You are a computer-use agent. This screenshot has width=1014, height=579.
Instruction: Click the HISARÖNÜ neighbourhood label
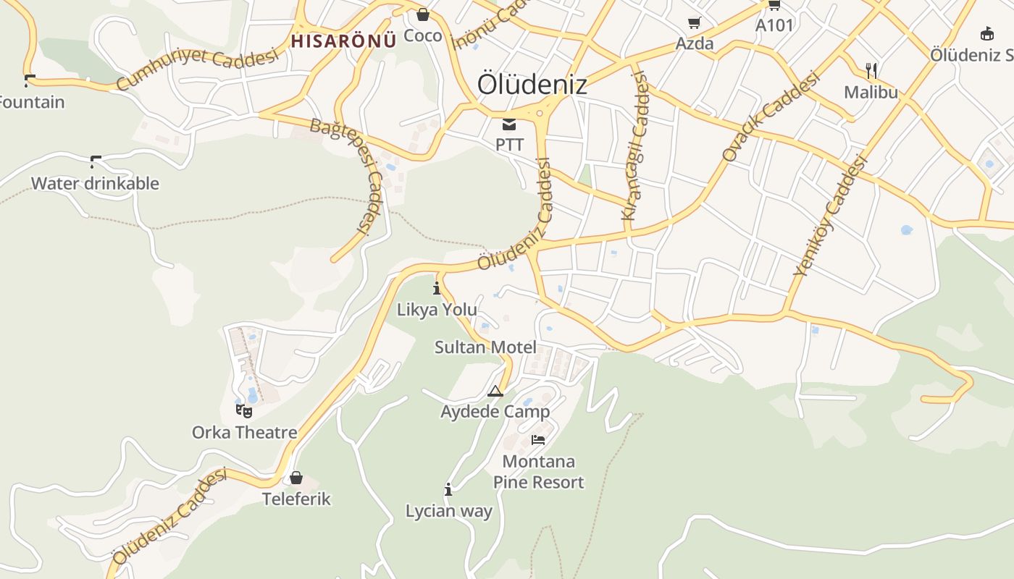(x=343, y=41)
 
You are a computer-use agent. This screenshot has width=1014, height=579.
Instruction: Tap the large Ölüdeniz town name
(x=532, y=85)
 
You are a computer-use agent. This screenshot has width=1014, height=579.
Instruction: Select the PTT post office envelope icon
(x=509, y=124)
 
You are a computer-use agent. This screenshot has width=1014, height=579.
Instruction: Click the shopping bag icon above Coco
(x=423, y=14)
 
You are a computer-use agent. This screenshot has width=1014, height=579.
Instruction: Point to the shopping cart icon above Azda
(x=694, y=23)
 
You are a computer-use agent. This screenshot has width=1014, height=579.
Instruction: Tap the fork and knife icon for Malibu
(x=871, y=70)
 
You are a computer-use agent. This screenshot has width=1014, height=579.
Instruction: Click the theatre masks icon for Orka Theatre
(x=244, y=411)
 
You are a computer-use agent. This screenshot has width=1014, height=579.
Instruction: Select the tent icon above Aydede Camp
(x=495, y=392)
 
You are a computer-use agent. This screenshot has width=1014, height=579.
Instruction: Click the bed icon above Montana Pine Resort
(x=538, y=439)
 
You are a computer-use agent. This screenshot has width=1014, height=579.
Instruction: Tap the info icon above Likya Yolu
(x=437, y=289)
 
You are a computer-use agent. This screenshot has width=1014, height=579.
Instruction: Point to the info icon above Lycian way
(x=448, y=490)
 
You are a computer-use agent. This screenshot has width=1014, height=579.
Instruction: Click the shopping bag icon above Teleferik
(x=296, y=478)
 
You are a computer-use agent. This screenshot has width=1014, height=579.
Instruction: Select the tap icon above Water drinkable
(x=95, y=161)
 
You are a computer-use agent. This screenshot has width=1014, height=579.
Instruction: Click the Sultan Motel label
(x=485, y=347)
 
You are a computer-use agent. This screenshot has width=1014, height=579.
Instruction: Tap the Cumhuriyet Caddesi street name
(x=197, y=69)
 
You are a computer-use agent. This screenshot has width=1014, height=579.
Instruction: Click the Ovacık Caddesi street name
(x=771, y=116)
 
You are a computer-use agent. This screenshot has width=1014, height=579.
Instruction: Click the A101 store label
(x=774, y=25)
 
